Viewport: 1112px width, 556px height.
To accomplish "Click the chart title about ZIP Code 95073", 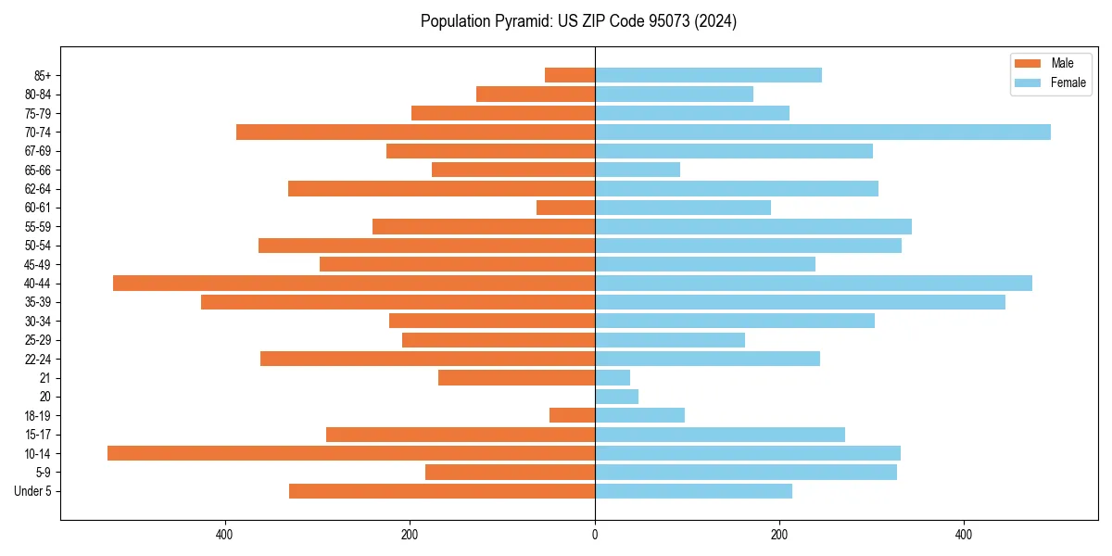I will (x=578, y=21).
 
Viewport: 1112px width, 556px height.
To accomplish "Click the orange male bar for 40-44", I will (x=354, y=283).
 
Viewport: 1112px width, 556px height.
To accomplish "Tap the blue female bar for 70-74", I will (x=823, y=132).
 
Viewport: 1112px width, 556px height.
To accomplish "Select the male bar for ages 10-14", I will (x=351, y=453).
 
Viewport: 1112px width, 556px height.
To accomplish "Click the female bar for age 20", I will (x=616, y=397).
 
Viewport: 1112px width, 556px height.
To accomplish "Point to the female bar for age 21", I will (x=613, y=377).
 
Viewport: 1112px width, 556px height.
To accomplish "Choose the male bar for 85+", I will (x=570, y=75).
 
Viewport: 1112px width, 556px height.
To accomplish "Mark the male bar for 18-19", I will (x=572, y=415).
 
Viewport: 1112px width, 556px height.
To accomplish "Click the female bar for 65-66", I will (x=638, y=170).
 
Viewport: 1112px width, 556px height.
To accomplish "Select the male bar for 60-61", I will (x=565, y=208).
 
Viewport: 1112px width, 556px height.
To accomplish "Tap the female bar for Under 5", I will (x=693, y=491).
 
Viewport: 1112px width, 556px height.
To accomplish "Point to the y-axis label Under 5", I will (x=33, y=491).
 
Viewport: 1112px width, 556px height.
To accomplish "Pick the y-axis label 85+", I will (x=43, y=75).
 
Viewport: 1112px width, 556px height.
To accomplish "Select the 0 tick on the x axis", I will (x=595, y=535).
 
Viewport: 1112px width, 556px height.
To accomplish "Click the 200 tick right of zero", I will (x=779, y=535).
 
